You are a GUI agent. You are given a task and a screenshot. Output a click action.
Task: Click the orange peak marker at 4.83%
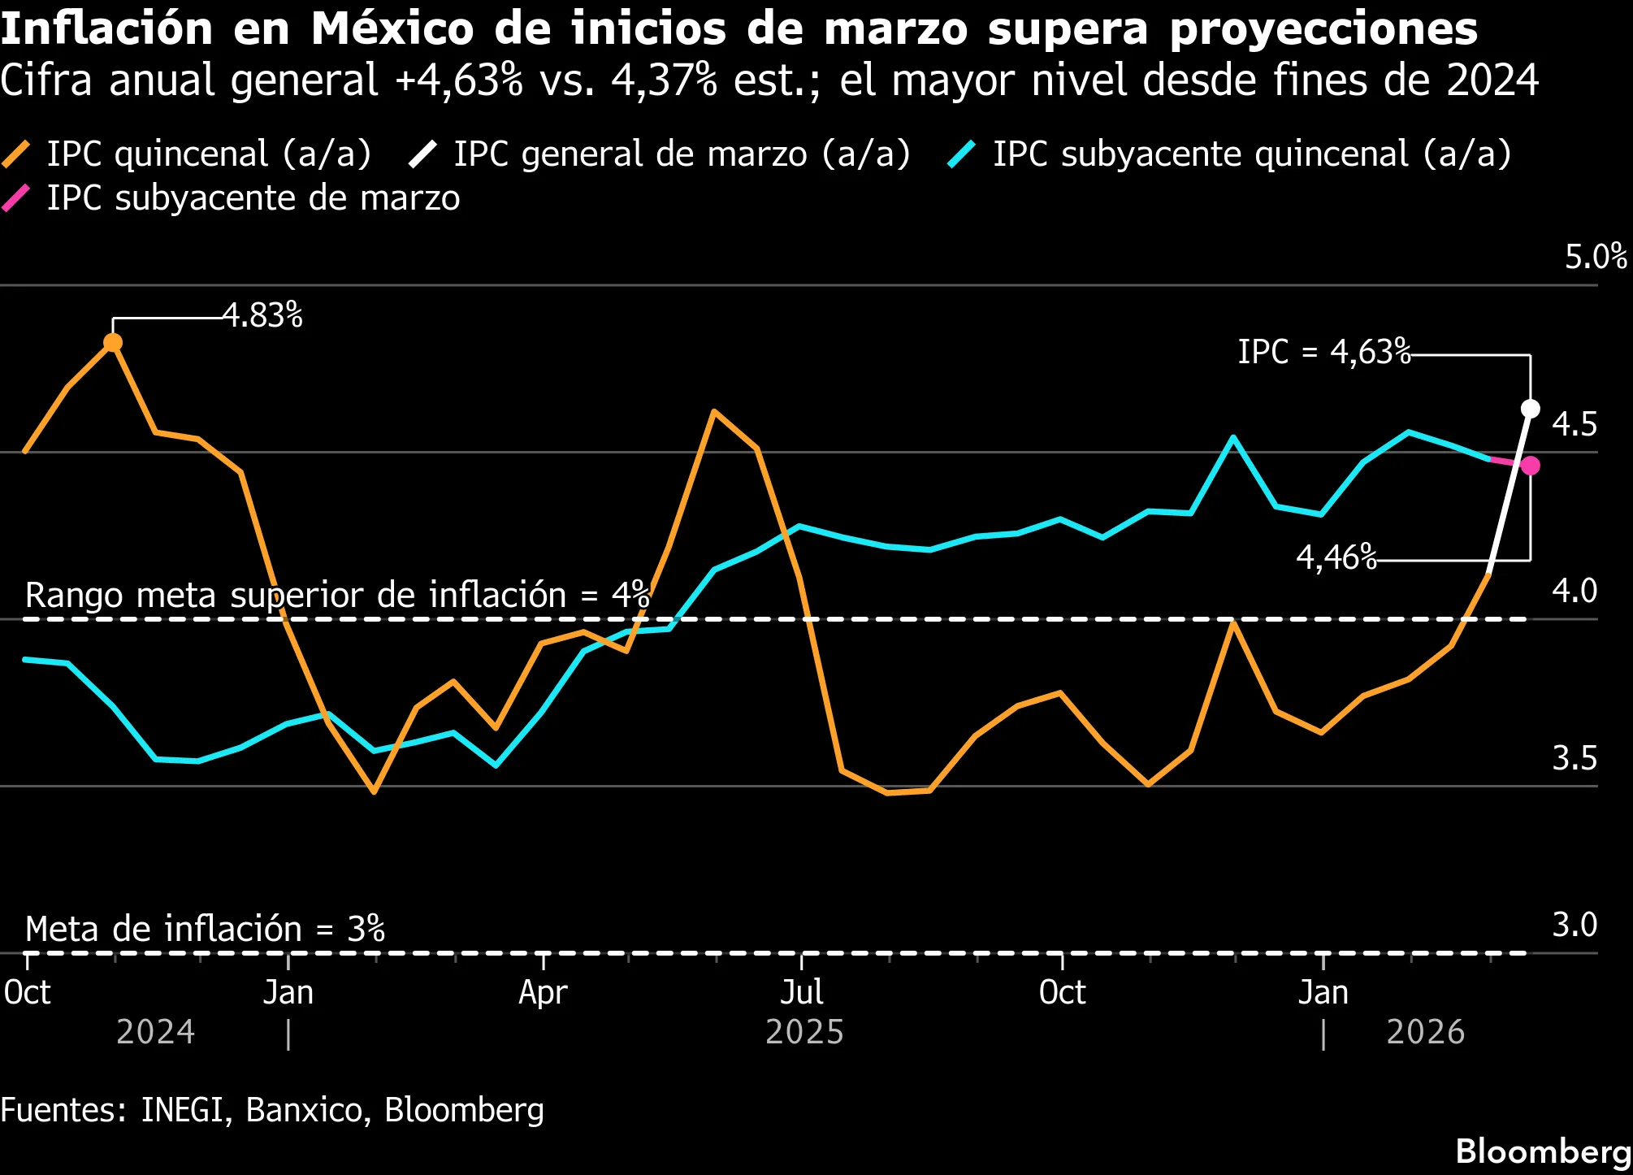(x=113, y=343)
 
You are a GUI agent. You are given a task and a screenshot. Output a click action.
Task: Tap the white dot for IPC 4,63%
(x=1530, y=408)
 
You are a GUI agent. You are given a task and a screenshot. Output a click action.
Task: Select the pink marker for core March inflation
(x=1530, y=466)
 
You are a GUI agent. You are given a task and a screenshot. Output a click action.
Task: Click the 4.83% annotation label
(x=262, y=315)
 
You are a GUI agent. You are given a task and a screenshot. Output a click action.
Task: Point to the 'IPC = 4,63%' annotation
(x=1323, y=352)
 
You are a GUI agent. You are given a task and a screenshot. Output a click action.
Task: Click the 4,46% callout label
(x=1336, y=557)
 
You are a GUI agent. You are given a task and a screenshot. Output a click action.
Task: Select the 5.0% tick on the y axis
(x=1596, y=257)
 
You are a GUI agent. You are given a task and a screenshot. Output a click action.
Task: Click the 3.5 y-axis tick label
(x=1574, y=758)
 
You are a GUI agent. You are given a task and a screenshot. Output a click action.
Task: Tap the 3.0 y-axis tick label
(x=1574, y=925)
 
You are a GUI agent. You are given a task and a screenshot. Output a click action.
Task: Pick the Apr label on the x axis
(x=543, y=992)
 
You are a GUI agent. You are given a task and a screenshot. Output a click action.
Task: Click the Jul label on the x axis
(x=802, y=992)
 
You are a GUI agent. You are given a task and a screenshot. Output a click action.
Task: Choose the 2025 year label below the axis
(x=804, y=1032)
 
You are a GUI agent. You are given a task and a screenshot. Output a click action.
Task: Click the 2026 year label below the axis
(x=1425, y=1032)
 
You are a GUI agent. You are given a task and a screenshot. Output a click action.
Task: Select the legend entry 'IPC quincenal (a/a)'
(x=209, y=154)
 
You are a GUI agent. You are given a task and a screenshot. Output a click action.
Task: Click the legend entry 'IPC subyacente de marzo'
(x=253, y=198)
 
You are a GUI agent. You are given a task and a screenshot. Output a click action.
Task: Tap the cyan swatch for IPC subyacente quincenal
(x=962, y=154)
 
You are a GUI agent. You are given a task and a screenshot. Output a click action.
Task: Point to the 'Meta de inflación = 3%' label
(x=205, y=929)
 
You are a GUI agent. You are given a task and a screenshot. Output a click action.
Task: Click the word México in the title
(x=392, y=29)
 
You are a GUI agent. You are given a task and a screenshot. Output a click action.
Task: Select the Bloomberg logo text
(x=1543, y=1151)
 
